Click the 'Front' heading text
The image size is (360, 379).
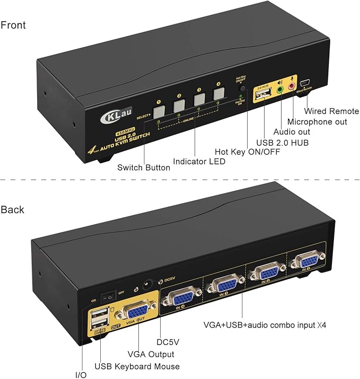(13, 25)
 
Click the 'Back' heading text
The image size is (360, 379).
(12, 209)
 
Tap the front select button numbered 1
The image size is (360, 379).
(159, 111)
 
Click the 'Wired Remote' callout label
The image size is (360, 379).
(331, 111)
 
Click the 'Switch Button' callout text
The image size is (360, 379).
(144, 167)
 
